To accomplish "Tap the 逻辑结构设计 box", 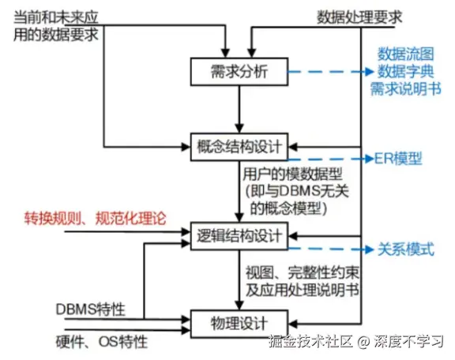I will (240, 234).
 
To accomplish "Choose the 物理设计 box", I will (240, 323).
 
